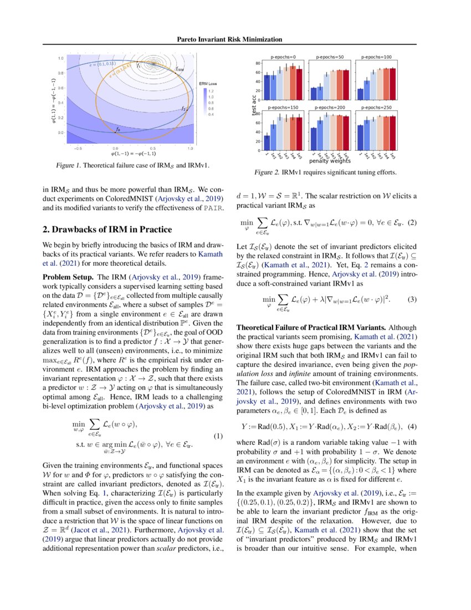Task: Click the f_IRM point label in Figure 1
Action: (180, 69)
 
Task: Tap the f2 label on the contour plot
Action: (183, 109)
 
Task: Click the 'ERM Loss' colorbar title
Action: (208, 83)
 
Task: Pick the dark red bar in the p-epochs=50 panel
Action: (346, 83)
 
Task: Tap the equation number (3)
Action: (411, 300)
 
